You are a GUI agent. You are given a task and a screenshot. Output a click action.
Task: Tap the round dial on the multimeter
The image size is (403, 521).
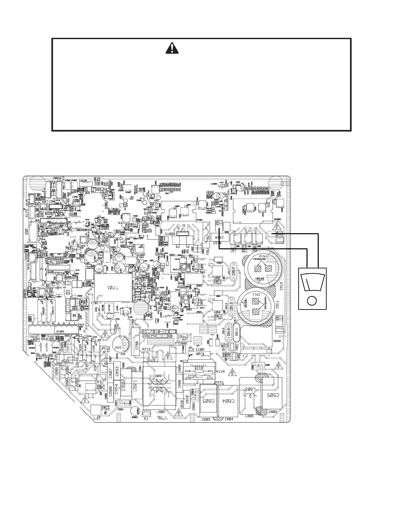312,300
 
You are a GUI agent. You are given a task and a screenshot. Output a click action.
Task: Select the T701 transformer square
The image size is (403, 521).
113,287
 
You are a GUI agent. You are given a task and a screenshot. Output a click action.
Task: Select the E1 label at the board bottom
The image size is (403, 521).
147,419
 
